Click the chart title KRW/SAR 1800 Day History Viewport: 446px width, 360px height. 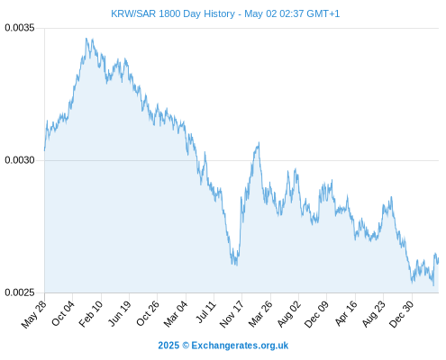[173, 13]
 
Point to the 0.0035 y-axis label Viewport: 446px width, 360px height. [20, 28]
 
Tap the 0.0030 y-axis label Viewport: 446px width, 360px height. [20, 160]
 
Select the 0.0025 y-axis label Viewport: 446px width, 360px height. [20, 292]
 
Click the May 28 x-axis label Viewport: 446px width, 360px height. [34, 314]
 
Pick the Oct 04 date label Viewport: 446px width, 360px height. [62, 313]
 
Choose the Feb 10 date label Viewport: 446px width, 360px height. [91, 313]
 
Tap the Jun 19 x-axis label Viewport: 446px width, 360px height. [119, 313]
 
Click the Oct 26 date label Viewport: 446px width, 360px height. [147, 313]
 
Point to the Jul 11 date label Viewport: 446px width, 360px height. [206, 311]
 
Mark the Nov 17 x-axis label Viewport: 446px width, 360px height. [232, 314]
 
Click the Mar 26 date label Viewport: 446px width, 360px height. [260, 313]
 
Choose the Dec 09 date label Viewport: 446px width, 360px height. [316, 314]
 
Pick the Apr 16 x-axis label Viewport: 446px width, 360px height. [346, 313]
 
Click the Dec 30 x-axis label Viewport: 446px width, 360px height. [401, 314]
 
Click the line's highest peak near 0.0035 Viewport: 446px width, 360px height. [86, 39]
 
